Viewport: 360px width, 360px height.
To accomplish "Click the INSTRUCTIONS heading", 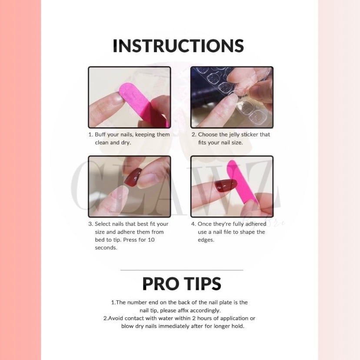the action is pyautogui.click(x=178, y=46).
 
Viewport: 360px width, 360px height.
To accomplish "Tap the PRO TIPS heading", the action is pyautogui.click(x=182, y=284).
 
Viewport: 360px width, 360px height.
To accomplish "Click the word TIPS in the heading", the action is pyautogui.click(x=203, y=284).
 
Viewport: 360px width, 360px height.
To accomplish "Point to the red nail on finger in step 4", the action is pyautogui.click(x=225, y=185).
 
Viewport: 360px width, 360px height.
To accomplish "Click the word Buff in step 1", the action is pyautogui.click(x=100, y=134).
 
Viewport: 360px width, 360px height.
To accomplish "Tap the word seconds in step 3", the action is pyautogui.click(x=106, y=248).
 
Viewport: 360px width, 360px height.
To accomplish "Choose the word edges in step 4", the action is pyautogui.click(x=206, y=240).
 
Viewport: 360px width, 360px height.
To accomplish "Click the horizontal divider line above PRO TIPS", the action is pyautogui.click(x=182, y=270).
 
